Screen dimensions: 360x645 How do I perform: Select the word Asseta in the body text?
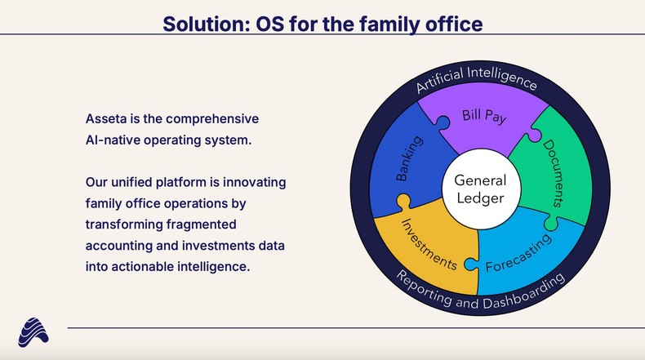106,118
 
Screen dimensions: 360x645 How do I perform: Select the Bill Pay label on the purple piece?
484,116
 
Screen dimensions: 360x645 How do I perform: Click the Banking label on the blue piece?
408,159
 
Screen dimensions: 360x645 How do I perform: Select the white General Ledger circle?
480,189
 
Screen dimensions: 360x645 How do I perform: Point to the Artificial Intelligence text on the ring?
476,79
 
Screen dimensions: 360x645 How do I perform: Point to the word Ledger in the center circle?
480,198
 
